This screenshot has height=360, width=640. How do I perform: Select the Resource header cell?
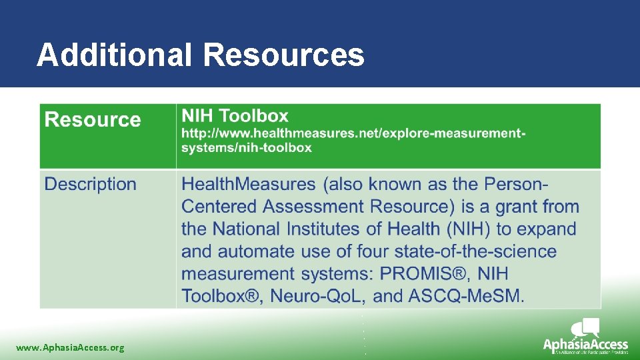(x=93, y=120)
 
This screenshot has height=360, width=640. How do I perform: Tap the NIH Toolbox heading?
(x=235, y=116)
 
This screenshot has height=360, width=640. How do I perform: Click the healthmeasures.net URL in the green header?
(x=353, y=141)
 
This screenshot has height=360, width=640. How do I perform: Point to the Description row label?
(x=90, y=184)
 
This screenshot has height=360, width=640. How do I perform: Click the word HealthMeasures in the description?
(x=248, y=184)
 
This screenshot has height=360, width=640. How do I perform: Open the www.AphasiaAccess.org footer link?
(x=70, y=347)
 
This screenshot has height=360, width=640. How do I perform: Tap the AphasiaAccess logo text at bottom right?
(x=585, y=345)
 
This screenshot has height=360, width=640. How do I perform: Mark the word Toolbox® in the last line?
(x=220, y=296)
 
